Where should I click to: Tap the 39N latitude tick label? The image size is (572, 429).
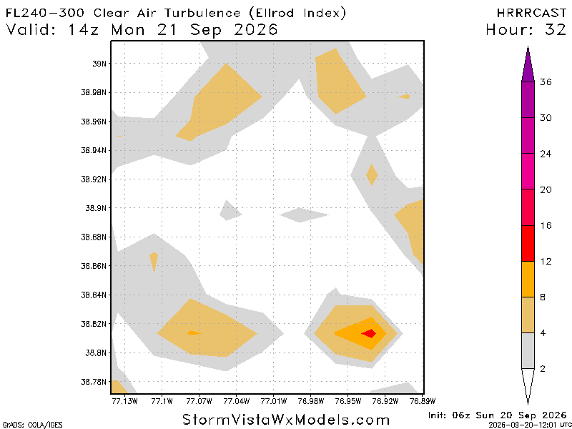99,64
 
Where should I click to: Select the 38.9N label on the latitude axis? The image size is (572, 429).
97,208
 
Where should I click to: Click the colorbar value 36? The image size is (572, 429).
546,82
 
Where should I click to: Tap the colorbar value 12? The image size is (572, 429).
546,261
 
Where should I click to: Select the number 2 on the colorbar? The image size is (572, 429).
543,369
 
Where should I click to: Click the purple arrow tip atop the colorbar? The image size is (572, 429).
528,47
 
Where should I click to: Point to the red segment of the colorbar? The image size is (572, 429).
528,243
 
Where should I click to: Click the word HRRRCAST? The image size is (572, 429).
531,13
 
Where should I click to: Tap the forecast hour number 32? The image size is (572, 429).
556,29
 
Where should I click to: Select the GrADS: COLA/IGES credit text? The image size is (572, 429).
32,425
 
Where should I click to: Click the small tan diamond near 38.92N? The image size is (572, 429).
372,175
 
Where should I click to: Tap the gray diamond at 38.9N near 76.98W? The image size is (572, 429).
305,215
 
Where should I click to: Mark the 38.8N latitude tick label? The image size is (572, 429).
97,353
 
